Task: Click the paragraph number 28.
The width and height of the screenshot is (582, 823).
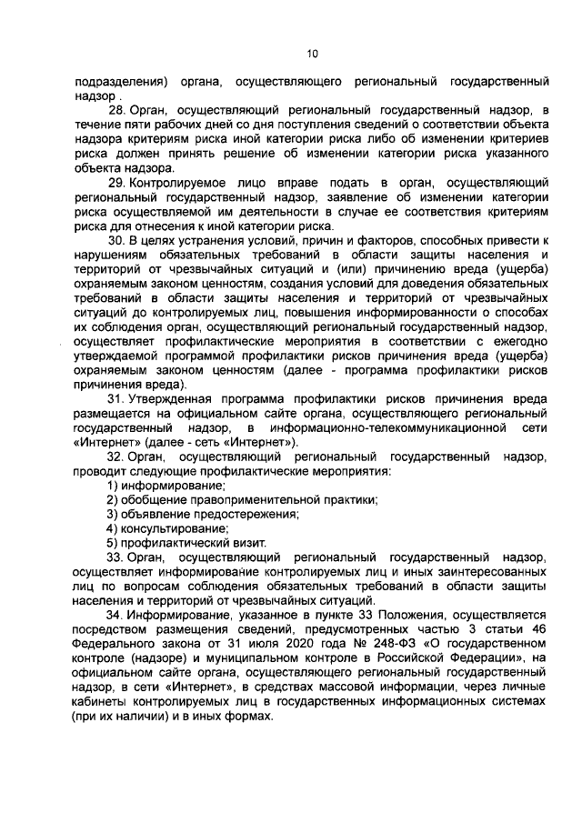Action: click(116, 110)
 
